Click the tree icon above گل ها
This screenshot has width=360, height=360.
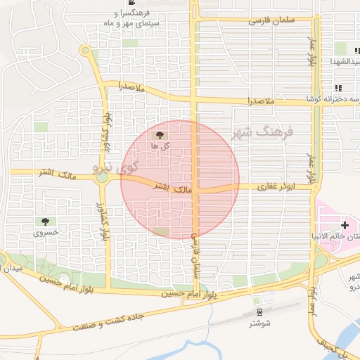click(160, 134)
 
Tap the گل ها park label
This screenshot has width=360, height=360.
click(160, 146)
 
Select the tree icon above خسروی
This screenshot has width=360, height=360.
click(46, 221)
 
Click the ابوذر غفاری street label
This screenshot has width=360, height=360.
click(266, 186)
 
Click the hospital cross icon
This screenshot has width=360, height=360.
click(344, 224)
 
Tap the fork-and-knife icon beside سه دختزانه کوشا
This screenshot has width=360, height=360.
click(338, 88)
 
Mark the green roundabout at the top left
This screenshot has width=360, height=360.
click(85, 51)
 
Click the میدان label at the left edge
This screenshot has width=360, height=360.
click(14, 269)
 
